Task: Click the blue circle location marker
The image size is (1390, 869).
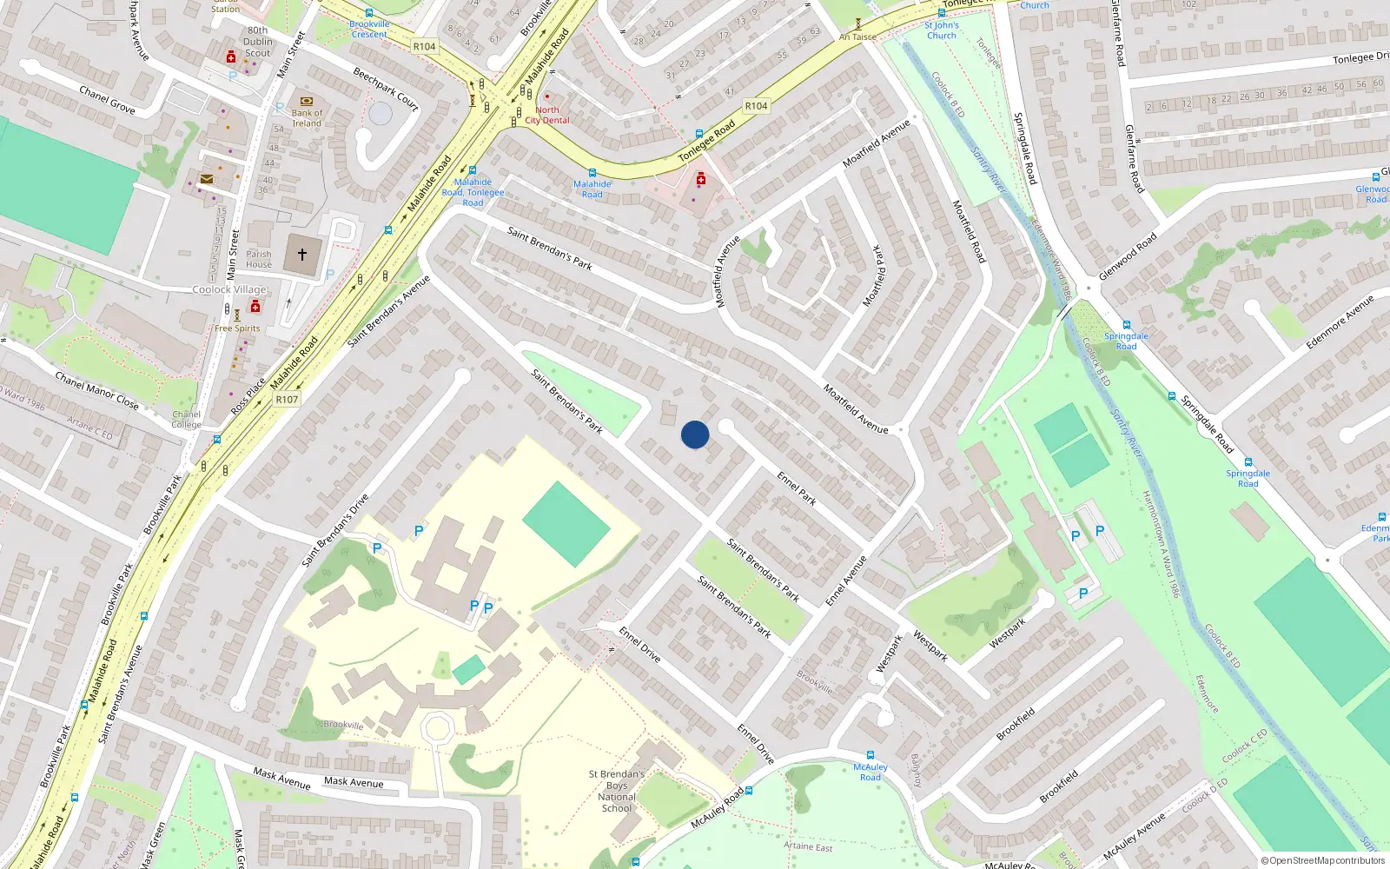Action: point(695,434)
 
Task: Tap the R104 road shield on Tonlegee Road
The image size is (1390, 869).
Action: point(756,106)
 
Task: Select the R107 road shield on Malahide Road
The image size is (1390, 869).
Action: point(287,400)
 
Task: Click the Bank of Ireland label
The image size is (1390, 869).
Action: point(307,118)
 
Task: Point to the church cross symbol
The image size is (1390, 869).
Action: point(302,255)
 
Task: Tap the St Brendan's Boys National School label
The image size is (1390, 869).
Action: point(617,791)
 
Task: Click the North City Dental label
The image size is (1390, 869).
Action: point(547,116)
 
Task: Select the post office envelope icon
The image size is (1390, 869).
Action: point(207,179)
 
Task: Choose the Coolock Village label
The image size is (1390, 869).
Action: point(229,289)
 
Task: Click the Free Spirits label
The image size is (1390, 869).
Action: point(237,328)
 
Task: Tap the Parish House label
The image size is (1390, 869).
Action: point(259,259)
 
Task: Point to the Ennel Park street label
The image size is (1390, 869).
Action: point(797,488)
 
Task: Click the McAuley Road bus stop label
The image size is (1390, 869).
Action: point(870,772)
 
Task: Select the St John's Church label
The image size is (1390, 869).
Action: point(941,30)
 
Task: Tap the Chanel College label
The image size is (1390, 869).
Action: point(187,420)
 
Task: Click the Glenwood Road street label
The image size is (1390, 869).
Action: point(1128,255)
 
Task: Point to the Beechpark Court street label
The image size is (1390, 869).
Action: point(386,90)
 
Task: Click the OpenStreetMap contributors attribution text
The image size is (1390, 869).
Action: point(1323,861)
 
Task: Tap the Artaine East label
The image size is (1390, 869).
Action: point(808,846)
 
